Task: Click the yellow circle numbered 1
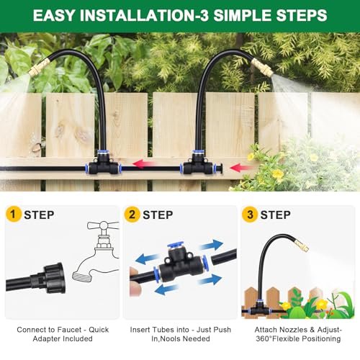tap(14, 215)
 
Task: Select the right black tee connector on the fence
tap(196, 166)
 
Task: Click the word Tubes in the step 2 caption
tap(164, 329)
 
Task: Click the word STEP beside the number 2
tap(157, 215)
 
